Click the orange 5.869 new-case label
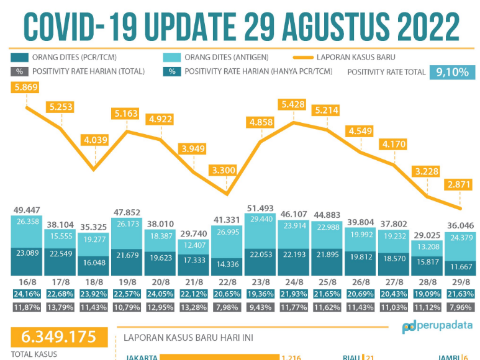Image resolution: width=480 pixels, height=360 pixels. point(25,88)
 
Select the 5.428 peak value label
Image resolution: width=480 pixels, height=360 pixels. point(293,104)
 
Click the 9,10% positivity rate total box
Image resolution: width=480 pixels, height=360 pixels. point(452,72)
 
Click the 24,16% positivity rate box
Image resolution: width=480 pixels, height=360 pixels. point(25,294)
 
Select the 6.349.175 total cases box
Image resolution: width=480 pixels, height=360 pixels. point(58,337)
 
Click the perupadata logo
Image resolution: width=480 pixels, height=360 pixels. point(437,326)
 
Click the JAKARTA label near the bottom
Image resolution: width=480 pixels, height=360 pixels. point(141,357)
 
